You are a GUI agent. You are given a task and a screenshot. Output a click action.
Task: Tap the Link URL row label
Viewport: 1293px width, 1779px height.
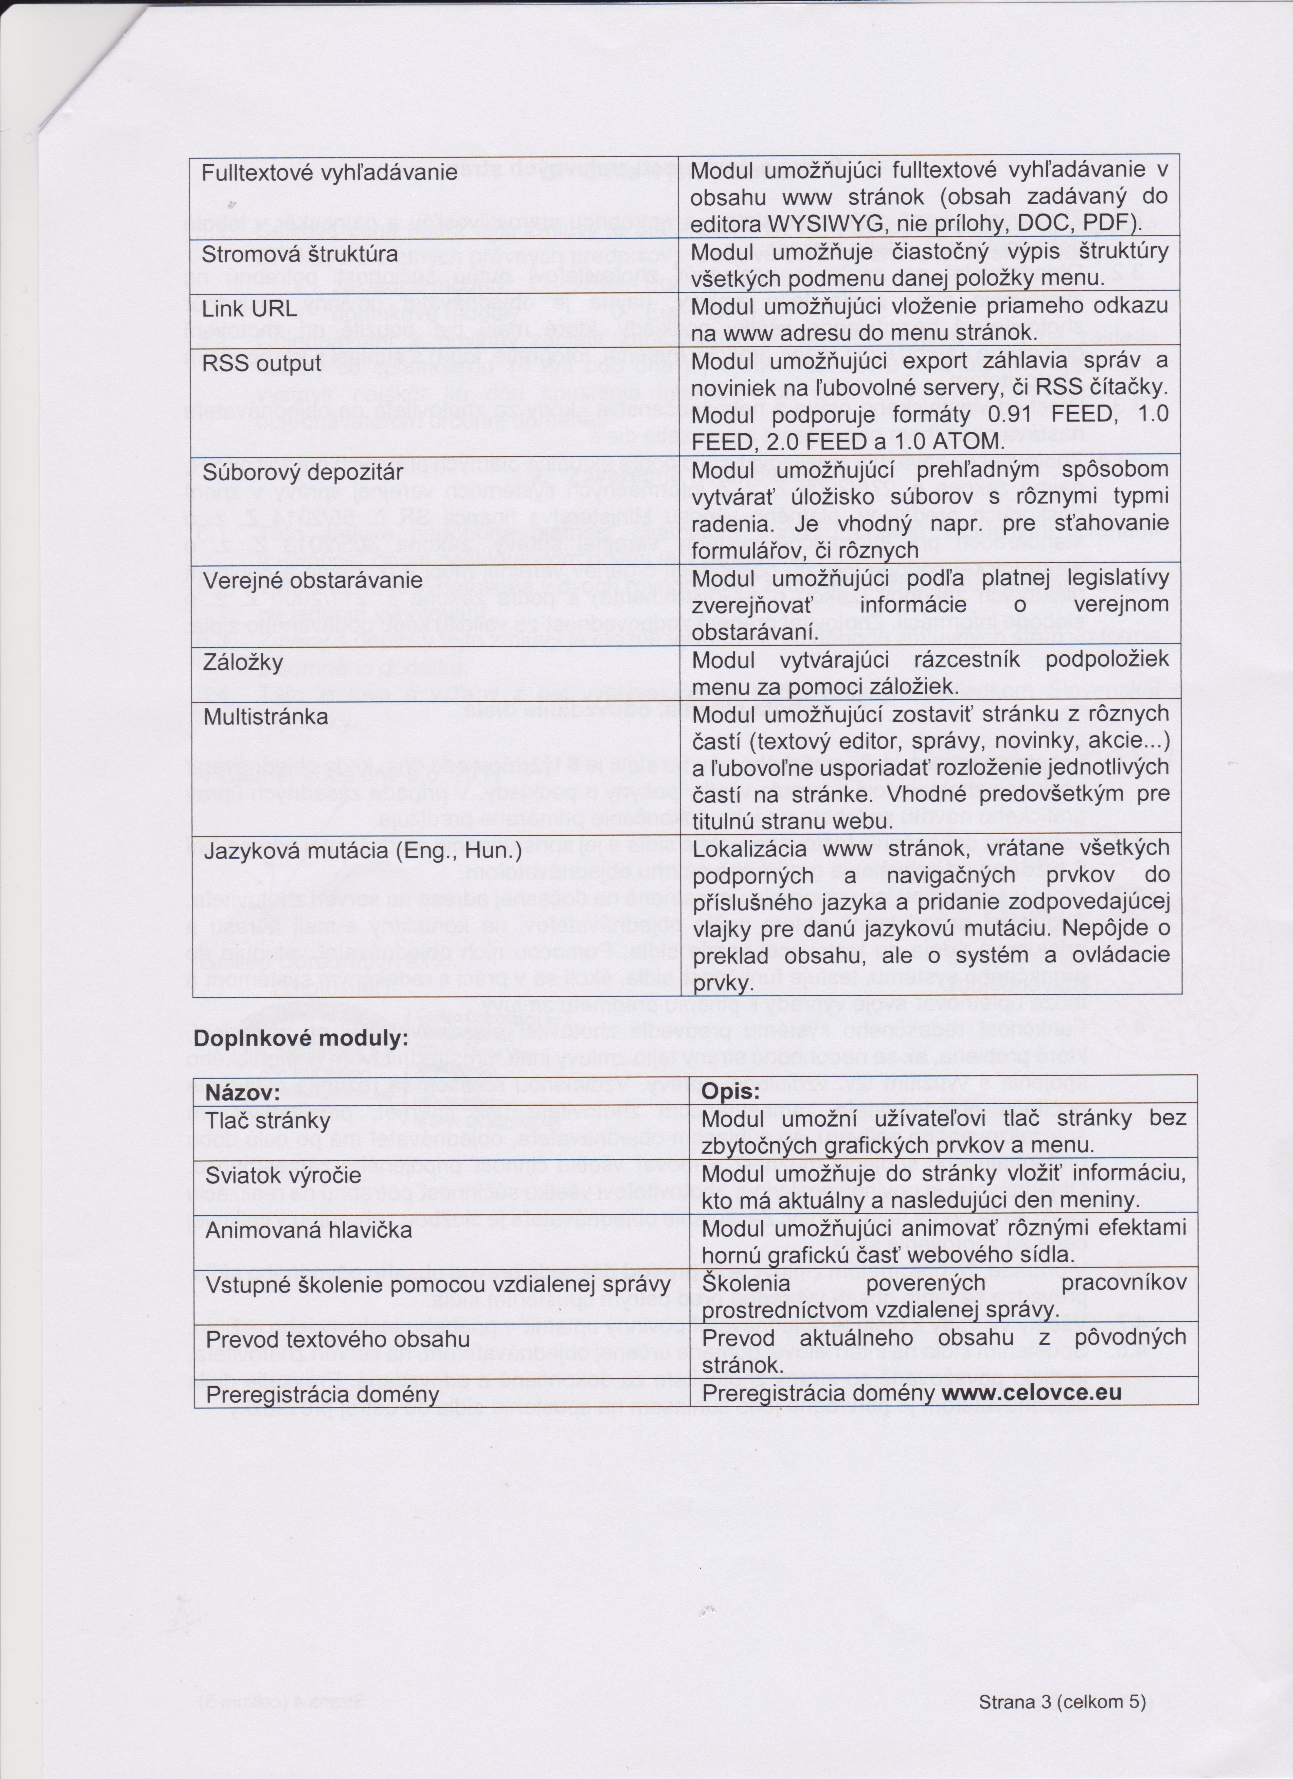click(x=249, y=309)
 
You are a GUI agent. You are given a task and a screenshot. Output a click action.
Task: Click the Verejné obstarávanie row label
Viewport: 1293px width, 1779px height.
click(x=312, y=581)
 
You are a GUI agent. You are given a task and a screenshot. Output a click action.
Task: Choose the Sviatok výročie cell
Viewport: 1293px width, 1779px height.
click(x=283, y=1175)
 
